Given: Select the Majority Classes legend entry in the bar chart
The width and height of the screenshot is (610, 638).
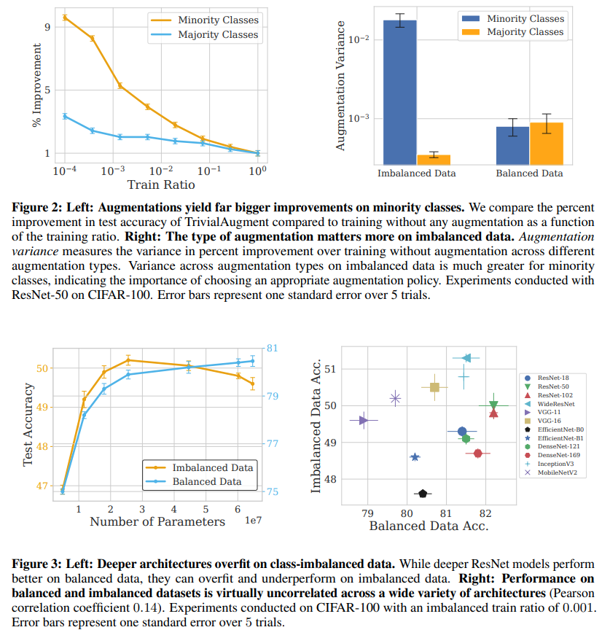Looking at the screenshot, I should (524, 31).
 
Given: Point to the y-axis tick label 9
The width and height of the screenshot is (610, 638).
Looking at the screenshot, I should (47, 27).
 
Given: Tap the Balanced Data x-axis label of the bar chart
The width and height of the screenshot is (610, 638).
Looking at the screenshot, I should (529, 174).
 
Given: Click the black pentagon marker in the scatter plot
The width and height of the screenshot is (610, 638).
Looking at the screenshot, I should (423, 494).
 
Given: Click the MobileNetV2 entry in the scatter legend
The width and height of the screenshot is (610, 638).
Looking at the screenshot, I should (559, 472).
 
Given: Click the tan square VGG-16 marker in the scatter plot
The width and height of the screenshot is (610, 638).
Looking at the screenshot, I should (434, 388).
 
